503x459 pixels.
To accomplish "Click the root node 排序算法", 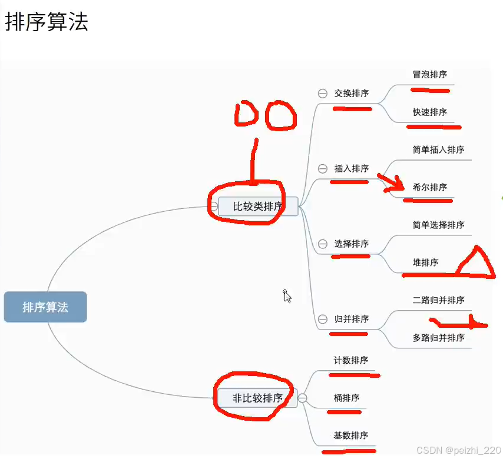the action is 45,307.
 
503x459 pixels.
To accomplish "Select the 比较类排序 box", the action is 258,207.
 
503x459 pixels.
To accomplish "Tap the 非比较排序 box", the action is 257,398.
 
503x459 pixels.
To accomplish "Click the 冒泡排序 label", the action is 430,75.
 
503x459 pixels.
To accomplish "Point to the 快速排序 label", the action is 430,112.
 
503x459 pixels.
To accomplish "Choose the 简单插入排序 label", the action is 438,150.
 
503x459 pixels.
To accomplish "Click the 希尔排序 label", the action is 430,188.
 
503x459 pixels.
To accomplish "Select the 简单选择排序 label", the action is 438,225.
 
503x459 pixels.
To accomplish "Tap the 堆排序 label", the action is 426,263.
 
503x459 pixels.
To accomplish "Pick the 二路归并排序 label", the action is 438,301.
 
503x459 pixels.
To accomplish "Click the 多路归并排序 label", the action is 438,338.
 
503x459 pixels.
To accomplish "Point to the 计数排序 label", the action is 351,361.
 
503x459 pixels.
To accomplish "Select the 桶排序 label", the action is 347,398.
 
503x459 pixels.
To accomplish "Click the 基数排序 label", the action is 351,436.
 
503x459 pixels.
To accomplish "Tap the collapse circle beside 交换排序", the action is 323,93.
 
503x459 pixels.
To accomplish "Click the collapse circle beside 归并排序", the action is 323,319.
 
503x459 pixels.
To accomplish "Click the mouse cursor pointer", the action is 287,295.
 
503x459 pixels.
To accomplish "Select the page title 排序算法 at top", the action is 47,22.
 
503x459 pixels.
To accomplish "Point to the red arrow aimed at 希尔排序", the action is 391,182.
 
